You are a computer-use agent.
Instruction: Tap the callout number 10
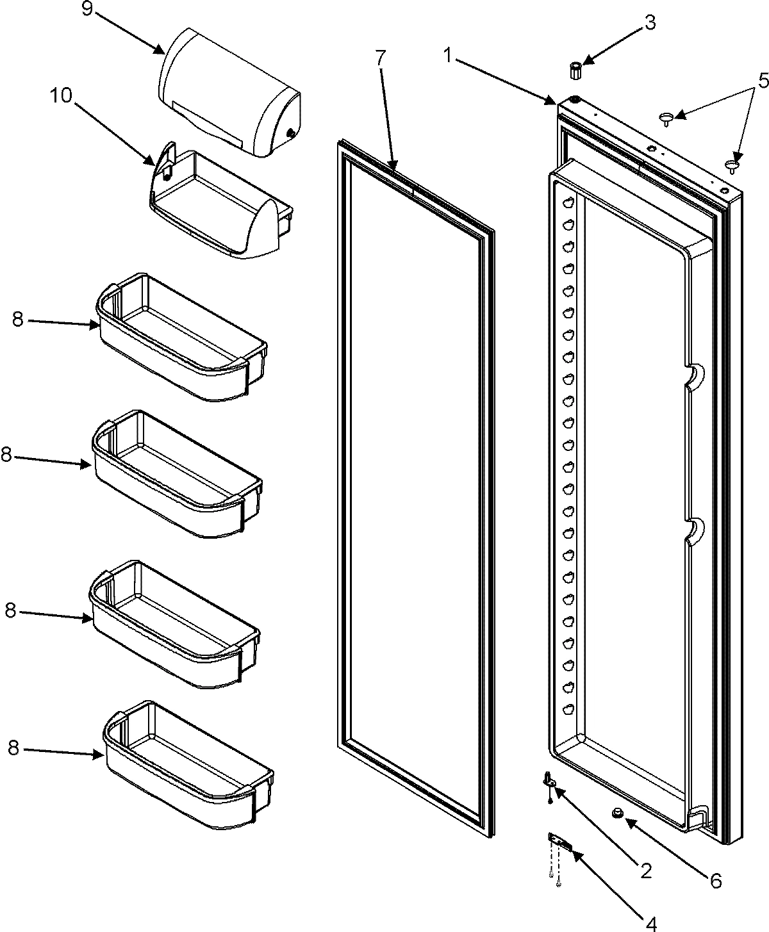pyautogui.click(x=63, y=96)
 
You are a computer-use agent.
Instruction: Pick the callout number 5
pyautogui.click(x=744, y=81)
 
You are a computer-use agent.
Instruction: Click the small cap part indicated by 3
pyautogui.click(x=575, y=70)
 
